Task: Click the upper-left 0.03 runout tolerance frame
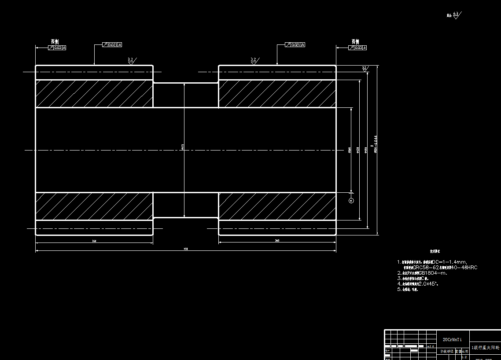pos(57,47)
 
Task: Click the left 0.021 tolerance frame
pos(112,45)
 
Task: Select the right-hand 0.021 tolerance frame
pos(295,45)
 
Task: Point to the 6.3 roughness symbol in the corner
pos(456,15)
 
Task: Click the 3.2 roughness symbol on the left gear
pos(131,61)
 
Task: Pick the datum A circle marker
pos(351,201)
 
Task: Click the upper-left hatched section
pos(94,93)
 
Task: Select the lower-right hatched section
pos(277,206)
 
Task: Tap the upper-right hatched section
pos(277,93)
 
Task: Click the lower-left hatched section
pos(94,206)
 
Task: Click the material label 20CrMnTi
pos(452,340)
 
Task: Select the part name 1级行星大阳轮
pos(485,348)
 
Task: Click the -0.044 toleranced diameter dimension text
pos(376,143)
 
